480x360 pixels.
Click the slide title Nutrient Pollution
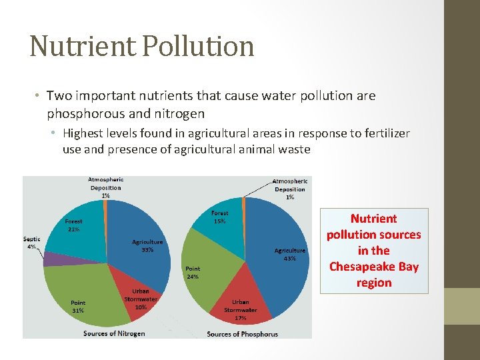click(x=142, y=46)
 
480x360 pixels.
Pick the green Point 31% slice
click(x=80, y=293)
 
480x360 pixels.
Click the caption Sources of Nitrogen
click(x=114, y=333)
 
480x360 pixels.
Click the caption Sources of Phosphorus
click(x=242, y=333)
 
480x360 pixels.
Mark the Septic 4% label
click(x=31, y=242)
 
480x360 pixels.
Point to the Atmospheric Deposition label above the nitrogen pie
click(x=106, y=187)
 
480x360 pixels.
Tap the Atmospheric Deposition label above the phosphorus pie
click(x=290, y=189)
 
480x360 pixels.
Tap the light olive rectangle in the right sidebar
click(x=462, y=306)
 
